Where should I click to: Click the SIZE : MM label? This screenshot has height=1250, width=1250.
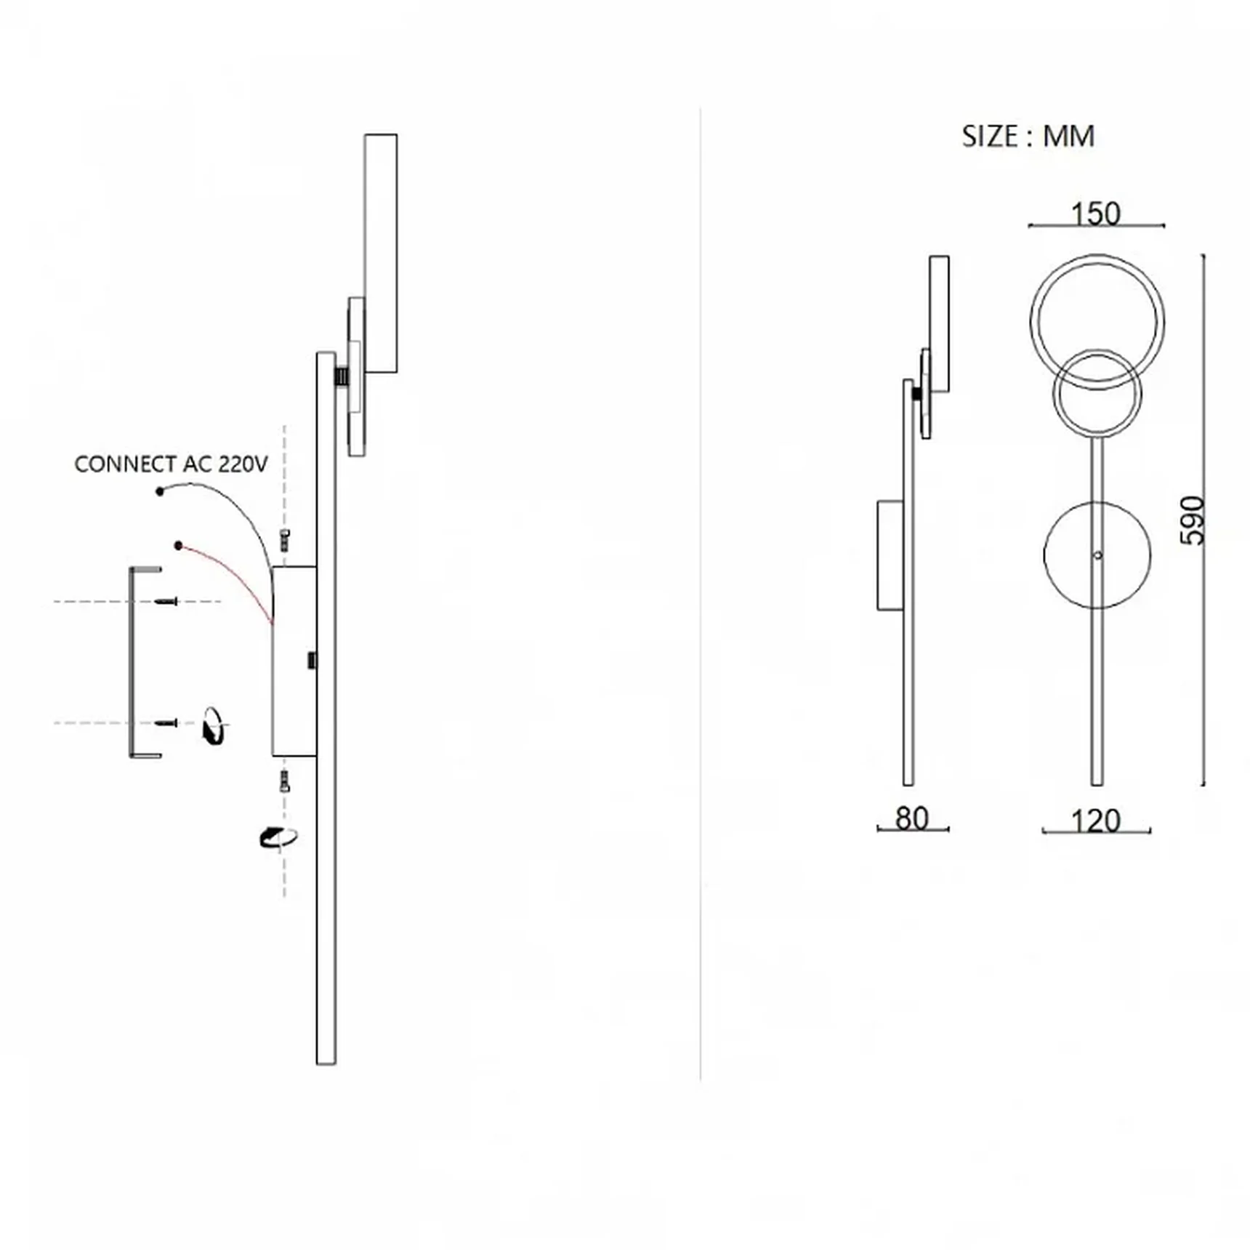(x=1028, y=137)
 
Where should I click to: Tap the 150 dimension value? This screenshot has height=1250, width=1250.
(x=1096, y=214)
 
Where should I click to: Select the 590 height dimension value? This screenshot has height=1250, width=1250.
(x=1192, y=520)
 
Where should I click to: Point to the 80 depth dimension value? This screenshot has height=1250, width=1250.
(x=912, y=818)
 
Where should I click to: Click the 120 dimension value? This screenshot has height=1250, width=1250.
(x=1096, y=821)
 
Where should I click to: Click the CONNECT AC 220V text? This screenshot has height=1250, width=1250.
(x=172, y=464)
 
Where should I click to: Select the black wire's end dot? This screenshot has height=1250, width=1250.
(x=160, y=492)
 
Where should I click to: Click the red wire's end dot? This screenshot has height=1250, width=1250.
(x=178, y=545)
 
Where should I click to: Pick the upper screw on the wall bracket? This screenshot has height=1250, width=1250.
(x=166, y=602)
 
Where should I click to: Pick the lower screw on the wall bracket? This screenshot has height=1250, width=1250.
(x=166, y=723)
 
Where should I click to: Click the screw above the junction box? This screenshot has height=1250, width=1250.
(x=285, y=540)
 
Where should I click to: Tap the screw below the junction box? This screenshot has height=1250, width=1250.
(x=285, y=781)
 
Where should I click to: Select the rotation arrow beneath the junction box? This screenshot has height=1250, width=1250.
(x=278, y=837)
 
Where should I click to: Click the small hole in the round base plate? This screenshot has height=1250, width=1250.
(x=1097, y=555)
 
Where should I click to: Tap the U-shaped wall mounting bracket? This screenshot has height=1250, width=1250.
(x=133, y=661)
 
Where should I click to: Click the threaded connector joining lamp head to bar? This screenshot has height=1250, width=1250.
(x=342, y=376)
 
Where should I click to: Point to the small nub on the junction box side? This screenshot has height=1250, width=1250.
(x=312, y=660)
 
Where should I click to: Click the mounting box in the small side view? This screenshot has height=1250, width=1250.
(x=890, y=555)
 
